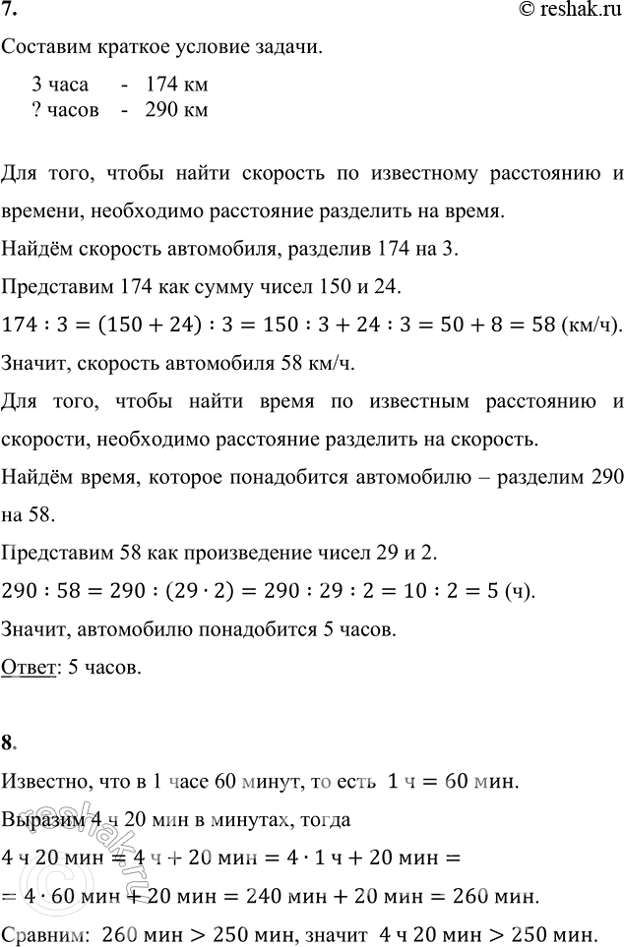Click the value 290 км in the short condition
coord(175,109)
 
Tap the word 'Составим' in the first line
coord(45,49)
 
